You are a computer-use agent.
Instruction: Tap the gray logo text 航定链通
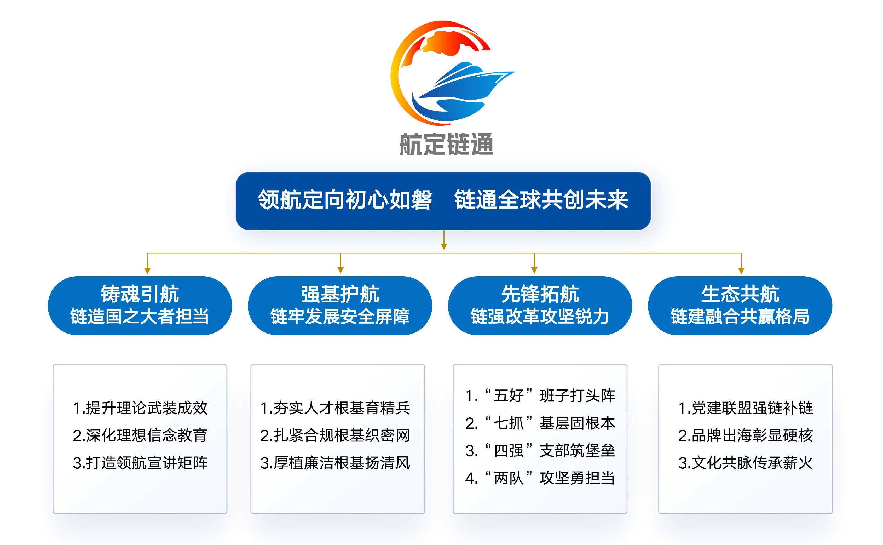point(446,144)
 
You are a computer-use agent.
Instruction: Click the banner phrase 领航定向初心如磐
point(345,200)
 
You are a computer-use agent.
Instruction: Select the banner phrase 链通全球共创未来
point(541,200)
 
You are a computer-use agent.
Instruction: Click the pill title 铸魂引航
point(140,294)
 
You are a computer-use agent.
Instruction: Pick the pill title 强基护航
point(340,294)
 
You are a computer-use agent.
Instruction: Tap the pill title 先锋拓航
point(540,294)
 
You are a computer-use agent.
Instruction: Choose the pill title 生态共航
point(740,294)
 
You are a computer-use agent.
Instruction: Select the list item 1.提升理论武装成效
point(140,408)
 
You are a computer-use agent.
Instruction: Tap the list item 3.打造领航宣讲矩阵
point(140,463)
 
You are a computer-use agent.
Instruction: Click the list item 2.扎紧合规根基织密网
point(335,435)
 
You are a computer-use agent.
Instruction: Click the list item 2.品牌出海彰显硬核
point(745,435)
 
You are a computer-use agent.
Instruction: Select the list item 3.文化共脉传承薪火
point(745,463)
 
